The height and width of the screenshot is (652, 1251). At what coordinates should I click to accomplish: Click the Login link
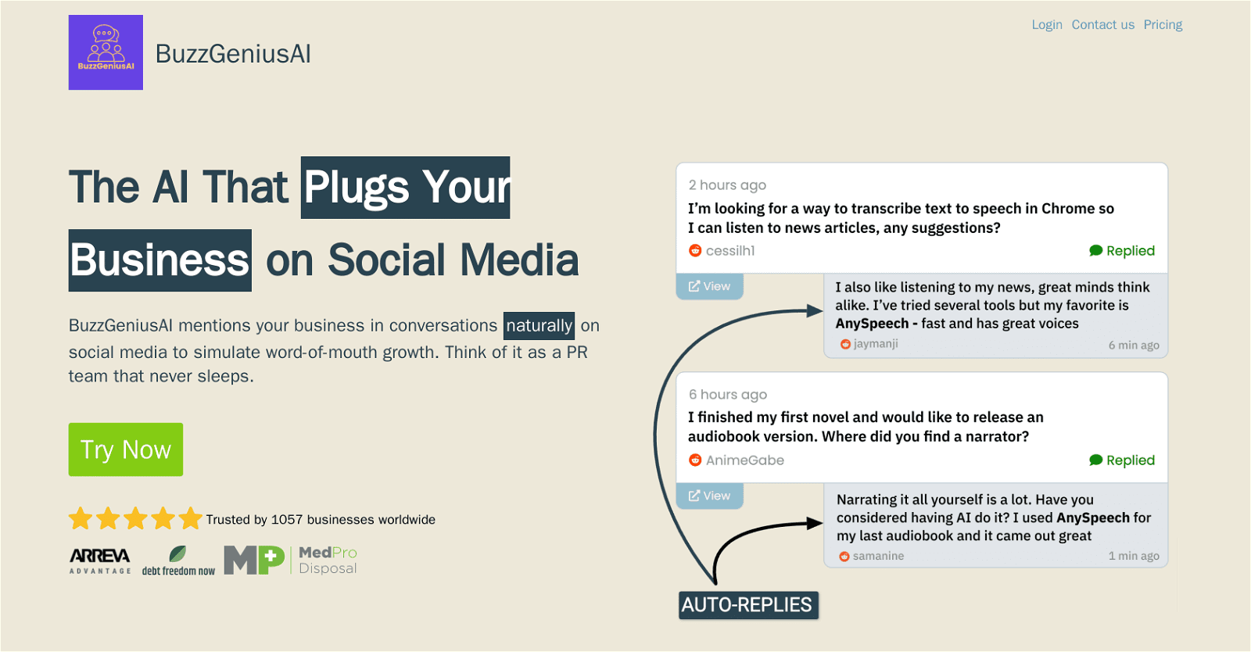click(x=1047, y=24)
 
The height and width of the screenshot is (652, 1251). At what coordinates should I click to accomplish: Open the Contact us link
click(x=1103, y=24)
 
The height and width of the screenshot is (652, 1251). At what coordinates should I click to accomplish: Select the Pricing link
click(x=1163, y=24)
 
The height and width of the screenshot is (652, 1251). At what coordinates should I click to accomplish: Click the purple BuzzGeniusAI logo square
click(x=106, y=52)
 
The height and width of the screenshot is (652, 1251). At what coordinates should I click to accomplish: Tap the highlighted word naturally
click(x=539, y=325)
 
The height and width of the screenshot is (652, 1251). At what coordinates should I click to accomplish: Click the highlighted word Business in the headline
click(x=160, y=260)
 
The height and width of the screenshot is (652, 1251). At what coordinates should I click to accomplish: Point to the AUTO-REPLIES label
click(x=748, y=605)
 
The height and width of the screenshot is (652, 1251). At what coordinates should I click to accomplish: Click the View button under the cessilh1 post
click(x=709, y=286)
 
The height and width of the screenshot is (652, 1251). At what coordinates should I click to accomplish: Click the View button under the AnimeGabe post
click(x=709, y=496)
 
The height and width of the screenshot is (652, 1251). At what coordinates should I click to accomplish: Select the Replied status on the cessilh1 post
click(x=1122, y=251)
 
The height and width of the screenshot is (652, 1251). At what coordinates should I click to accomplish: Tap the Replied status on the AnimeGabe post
click(x=1122, y=460)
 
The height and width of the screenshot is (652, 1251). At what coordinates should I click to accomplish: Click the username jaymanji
click(x=875, y=344)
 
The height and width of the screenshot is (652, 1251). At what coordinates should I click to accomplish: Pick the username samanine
click(x=878, y=556)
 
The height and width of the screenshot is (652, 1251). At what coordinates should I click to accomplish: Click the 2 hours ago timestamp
click(x=727, y=185)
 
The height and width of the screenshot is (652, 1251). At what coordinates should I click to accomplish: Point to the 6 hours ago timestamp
click(x=728, y=395)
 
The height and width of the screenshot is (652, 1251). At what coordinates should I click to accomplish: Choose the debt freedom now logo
click(x=178, y=561)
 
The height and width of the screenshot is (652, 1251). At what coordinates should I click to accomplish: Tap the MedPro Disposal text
click(x=328, y=561)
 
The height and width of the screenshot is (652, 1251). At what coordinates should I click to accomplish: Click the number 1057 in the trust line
click(x=286, y=520)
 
